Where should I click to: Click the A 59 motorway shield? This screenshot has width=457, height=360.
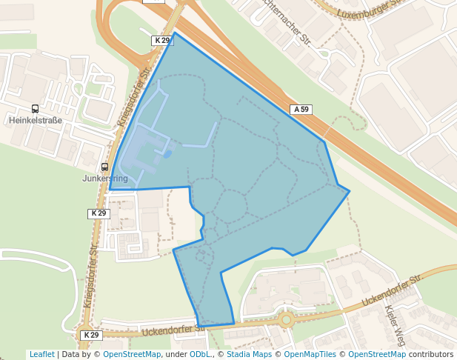(x=301, y=110)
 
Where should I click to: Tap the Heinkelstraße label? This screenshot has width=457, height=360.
(x=36, y=120)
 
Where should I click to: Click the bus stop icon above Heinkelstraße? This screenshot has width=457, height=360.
(x=36, y=109)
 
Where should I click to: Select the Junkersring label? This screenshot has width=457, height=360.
(x=104, y=179)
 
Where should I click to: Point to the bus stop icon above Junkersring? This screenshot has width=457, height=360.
(x=104, y=167)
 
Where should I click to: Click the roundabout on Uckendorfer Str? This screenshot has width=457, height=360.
(x=286, y=321)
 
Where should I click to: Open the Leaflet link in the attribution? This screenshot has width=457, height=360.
(x=41, y=355)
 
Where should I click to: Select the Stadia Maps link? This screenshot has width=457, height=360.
(x=249, y=355)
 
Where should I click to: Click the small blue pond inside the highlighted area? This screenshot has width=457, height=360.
(x=167, y=154)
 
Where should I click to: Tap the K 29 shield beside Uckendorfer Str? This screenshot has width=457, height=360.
(x=91, y=335)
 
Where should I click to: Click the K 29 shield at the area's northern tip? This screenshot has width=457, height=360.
(x=162, y=40)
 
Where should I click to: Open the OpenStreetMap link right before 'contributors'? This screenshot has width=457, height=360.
(x=376, y=355)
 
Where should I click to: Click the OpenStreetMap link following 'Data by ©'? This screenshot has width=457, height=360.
(x=132, y=355)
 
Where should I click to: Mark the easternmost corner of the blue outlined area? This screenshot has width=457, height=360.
(x=350, y=192)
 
